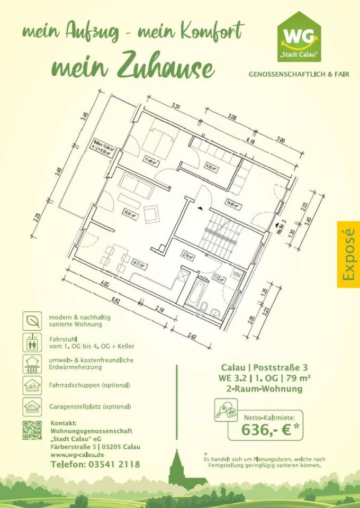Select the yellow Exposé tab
pos(348,254)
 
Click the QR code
pos(32,430)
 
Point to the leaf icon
pos(32,320)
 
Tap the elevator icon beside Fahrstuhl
pos(32,342)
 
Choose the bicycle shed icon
pos(32,385)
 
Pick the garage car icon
pos(32,406)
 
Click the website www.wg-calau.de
pos(77,455)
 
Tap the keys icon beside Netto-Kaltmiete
pos(226,410)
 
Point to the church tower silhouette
pos(178,469)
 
